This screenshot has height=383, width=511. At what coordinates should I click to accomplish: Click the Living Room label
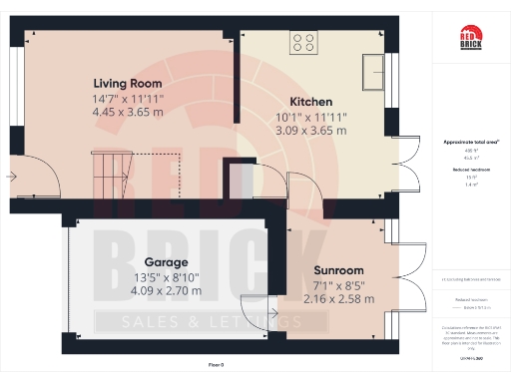click(128, 83)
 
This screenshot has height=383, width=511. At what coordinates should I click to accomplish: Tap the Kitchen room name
click(310, 102)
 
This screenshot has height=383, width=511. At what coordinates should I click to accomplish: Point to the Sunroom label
click(339, 270)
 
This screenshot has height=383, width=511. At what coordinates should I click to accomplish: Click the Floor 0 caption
click(216, 366)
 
